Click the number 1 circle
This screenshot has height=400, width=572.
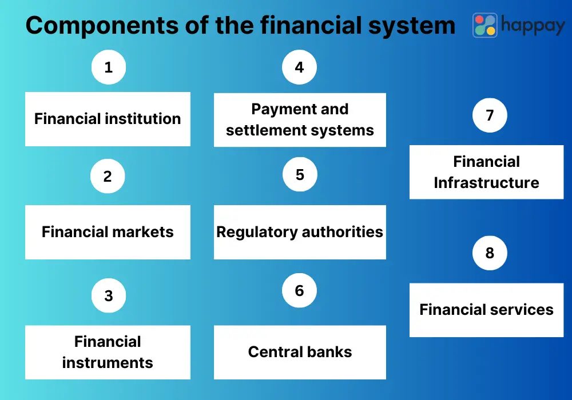(x=108, y=67)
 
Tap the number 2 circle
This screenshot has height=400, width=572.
(x=108, y=177)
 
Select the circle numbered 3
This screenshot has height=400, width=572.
(x=108, y=296)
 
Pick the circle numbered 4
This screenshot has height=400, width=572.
(x=299, y=67)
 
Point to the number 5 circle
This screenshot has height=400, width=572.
(x=300, y=175)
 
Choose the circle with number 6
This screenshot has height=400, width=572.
(x=299, y=290)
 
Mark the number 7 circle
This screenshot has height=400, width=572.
(x=490, y=115)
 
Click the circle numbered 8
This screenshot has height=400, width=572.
(x=490, y=253)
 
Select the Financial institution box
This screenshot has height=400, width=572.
(x=108, y=119)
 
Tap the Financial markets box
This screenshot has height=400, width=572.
(x=108, y=232)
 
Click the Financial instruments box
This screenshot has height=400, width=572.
(x=108, y=352)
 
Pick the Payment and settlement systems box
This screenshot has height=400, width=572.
(x=300, y=119)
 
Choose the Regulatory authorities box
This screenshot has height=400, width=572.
(x=300, y=232)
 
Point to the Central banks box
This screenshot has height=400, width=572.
(x=300, y=352)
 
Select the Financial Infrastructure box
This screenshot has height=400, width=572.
(x=486, y=172)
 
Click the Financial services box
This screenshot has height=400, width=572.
(x=486, y=310)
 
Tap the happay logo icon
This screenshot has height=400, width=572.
(x=484, y=25)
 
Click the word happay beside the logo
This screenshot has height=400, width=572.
(x=533, y=25)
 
